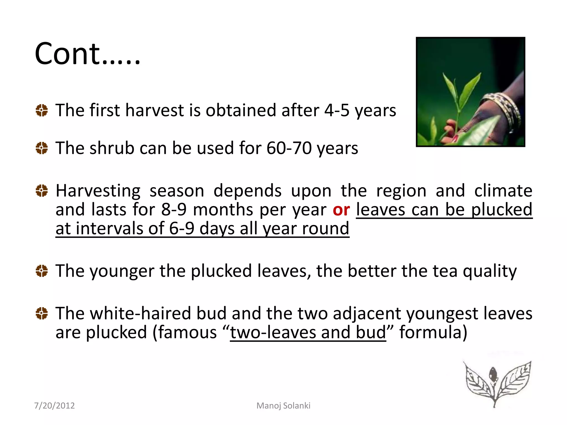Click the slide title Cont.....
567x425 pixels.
pos(87,54)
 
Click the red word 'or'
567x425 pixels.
pos(341,210)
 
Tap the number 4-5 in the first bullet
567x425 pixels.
pos(337,110)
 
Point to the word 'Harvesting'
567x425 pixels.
pos(98,191)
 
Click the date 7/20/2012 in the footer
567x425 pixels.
pos(54,406)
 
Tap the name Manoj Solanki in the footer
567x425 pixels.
pos(283,406)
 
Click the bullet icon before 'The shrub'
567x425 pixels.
pos(42,148)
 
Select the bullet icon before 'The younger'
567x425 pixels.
pos(42,271)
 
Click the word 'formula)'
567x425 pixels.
pos(433,332)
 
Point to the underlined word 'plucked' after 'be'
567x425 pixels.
pos(502,210)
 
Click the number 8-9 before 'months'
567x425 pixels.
pos(174,210)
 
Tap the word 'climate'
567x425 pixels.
pos(503,191)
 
